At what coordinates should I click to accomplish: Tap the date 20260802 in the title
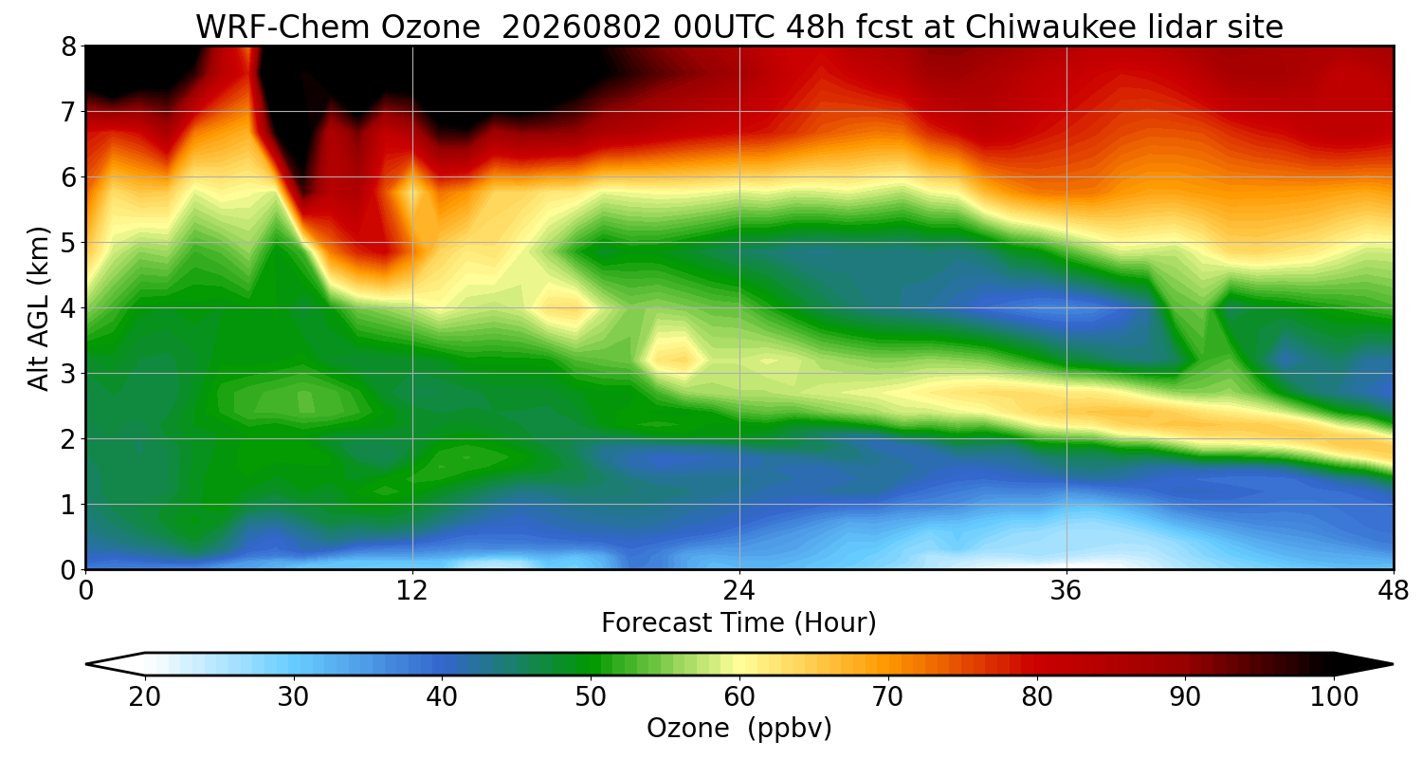(581, 28)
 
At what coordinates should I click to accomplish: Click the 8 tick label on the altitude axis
(68, 47)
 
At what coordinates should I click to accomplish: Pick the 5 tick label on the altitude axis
(68, 243)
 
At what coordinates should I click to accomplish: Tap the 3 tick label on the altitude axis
(68, 374)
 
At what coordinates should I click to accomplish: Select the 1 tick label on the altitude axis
(68, 505)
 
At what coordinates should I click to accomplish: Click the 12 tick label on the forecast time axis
(412, 591)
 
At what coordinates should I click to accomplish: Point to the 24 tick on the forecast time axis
(739, 591)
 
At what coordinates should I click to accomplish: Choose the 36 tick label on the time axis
(1066, 591)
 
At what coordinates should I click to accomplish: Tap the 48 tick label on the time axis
(1394, 591)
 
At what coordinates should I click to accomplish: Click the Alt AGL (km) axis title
(38, 308)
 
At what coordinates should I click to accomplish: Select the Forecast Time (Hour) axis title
(738, 623)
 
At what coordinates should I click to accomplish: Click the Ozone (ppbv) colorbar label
(738, 729)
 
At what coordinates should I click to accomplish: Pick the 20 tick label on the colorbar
(144, 697)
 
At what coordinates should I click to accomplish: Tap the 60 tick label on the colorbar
(738, 697)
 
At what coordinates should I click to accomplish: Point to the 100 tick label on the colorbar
(1334, 697)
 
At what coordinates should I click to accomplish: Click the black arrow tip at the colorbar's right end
(1393, 664)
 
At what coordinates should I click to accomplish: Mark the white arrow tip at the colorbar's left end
(86, 664)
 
